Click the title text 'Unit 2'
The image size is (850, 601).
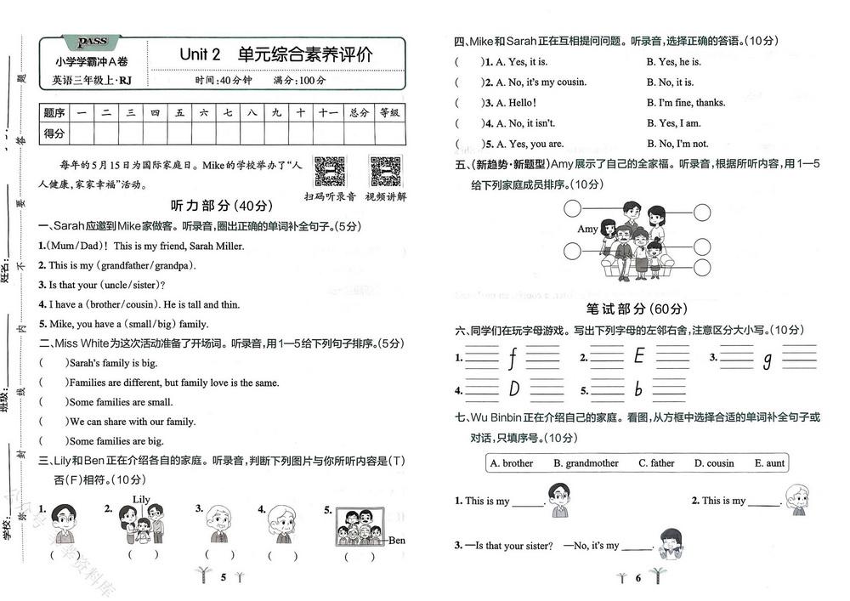click(200, 54)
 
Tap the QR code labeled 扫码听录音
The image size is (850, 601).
click(330, 173)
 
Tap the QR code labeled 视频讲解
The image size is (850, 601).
click(385, 173)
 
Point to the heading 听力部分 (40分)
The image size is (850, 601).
click(222, 206)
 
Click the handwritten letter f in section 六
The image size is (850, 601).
click(512, 359)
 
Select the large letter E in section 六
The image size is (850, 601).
click(639, 357)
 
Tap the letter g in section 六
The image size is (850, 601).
click(767, 360)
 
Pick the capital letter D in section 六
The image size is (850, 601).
click(513, 390)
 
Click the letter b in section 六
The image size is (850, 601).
click(638, 390)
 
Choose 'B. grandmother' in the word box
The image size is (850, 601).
click(586, 463)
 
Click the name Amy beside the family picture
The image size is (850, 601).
click(587, 230)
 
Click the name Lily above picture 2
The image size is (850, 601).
click(141, 499)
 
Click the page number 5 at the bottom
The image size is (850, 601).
click(224, 578)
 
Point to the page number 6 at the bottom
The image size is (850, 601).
click(637, 578)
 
